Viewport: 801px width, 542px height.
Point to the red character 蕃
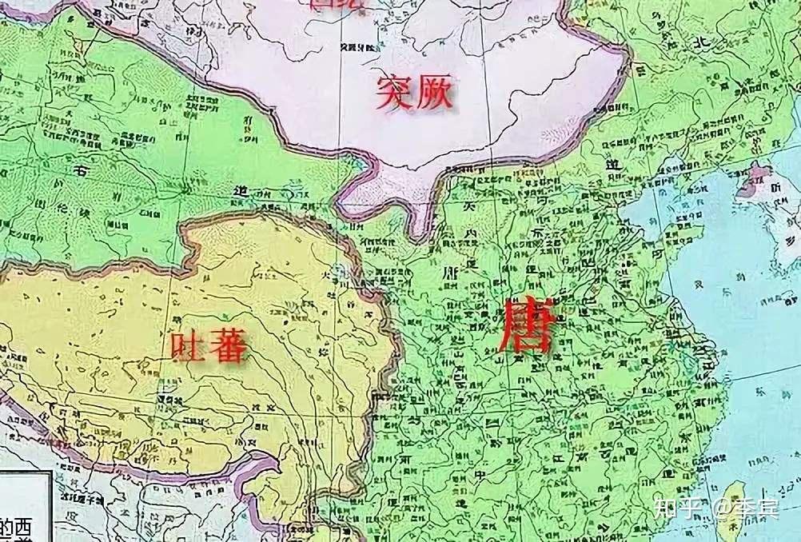coord(226,347)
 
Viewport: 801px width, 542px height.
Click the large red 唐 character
coord(525,327)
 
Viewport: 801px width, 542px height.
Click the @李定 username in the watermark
coord(745,508)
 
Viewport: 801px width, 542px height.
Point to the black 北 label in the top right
coord(701,42)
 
